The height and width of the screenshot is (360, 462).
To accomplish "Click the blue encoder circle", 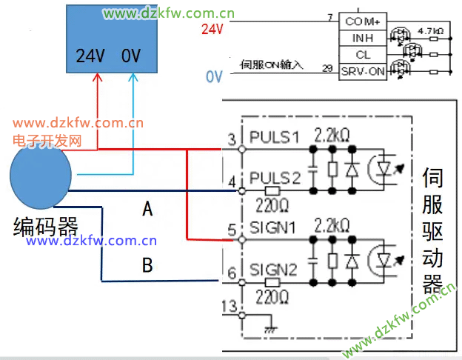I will (x=41, y=179).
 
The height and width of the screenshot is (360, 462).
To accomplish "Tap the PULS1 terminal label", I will (x=273, y=138).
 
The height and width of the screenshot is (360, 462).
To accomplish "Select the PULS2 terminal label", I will (x=273, y=178).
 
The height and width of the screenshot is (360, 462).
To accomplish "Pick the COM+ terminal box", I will (x=363, y=21).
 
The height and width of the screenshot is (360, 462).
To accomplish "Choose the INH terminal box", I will (x=363, y=38).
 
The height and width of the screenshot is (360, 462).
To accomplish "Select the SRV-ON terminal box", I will (x=363, y=71).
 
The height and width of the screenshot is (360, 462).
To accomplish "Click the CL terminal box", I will (x=363, y=55).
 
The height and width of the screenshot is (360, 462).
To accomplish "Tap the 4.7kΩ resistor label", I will (x=431, y=31).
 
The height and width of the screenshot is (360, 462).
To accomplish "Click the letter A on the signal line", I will (x=147, y=210).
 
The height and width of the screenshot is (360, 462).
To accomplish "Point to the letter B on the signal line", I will (x=147, y=265).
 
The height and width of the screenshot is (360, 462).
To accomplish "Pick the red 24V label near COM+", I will (x=212, y=30).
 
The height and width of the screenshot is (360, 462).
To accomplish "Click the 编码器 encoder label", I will (x=46, y=227).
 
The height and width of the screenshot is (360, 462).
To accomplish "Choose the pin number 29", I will (x=327, y=68).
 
